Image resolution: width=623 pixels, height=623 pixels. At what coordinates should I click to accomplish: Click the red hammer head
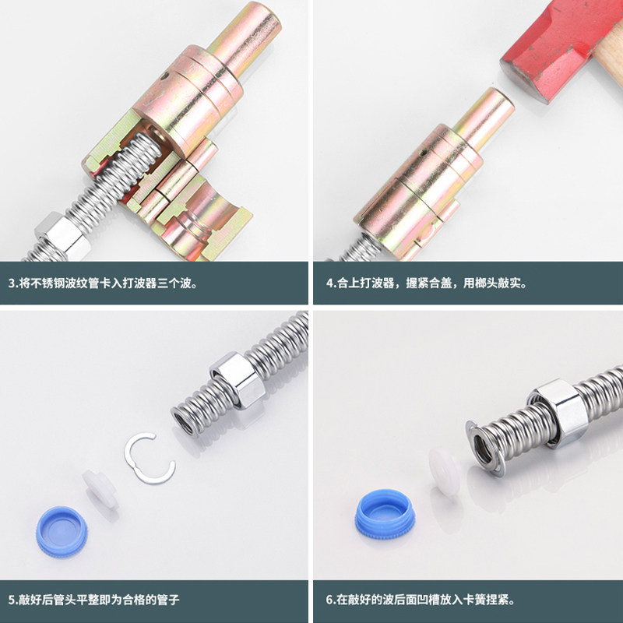coord(557,43)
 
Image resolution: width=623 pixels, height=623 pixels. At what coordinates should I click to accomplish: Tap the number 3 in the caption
coord(12,283)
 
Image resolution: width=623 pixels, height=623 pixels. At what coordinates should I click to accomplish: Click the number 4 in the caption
coord(329,283)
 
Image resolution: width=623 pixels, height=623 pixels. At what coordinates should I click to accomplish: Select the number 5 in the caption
coord(12,600)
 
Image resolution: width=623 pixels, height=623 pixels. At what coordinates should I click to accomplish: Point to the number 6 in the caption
coord(329,600)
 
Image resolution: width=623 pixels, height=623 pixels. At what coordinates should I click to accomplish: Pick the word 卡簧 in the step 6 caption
coord(459,600)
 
